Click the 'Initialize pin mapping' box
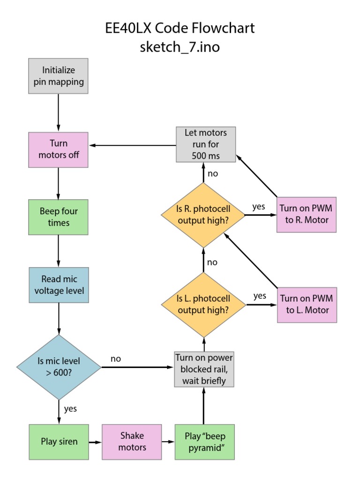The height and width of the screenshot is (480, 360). (58, 76)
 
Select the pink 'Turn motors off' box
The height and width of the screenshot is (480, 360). (58, 149)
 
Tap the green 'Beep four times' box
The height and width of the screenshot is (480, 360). (58, 217)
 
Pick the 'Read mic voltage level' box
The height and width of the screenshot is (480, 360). (59, 285)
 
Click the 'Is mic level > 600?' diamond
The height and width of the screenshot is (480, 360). (59, 367)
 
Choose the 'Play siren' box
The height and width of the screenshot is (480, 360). (59, 442)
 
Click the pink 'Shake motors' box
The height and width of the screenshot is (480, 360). (132, 442)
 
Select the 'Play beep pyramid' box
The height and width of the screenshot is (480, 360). (204, 442)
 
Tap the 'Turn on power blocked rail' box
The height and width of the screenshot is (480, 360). (204, 369)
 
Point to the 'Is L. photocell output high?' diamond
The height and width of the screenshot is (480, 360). (203, 304)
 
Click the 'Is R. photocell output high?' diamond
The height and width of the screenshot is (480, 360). (203, 214)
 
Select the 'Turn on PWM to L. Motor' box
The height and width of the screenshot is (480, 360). (307, 304)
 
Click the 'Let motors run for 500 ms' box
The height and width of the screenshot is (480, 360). (205, 144)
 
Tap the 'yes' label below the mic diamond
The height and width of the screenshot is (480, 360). (70, 409)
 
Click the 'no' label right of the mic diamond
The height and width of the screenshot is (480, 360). (116, 359)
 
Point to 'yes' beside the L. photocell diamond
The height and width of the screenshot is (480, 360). (260, 296)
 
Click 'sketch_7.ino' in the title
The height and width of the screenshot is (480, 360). (180, 47)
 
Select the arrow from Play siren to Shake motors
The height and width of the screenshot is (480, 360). (95, 442)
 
